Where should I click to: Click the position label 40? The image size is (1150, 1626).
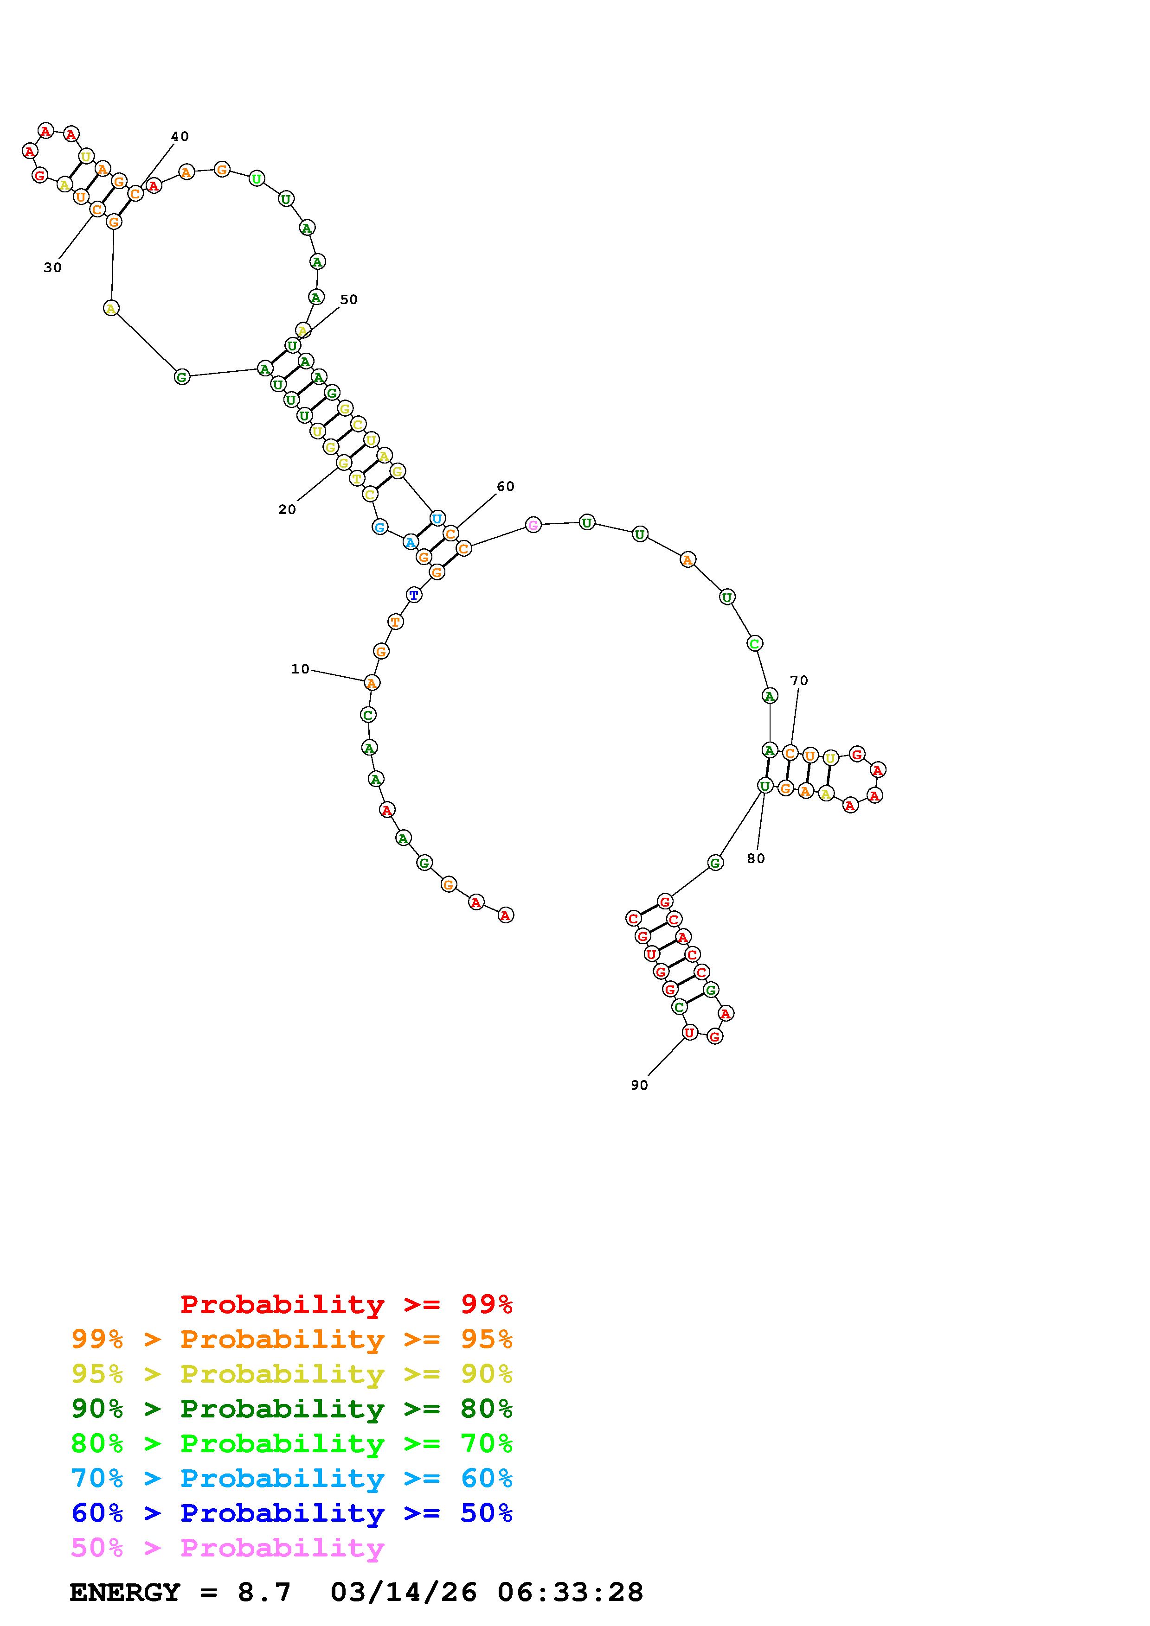(x=180, y=136)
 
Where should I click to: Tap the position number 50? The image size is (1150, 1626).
(x=348, y=299)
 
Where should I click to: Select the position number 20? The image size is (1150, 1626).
(x=287, y=509)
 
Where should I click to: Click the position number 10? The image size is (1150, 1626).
(x=301, y=668)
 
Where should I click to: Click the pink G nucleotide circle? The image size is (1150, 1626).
(x=533, y=525)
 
